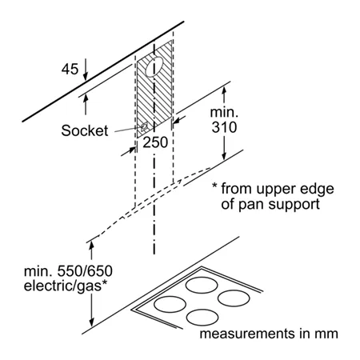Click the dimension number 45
[x=70, y=69]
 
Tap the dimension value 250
[x=155, y=142]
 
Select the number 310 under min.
[x=224, y=127]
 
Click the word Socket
[x=85, y=130]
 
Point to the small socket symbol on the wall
[x=144, y=126]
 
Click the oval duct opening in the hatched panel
[x=154, y=67]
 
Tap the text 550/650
[x=85, y=271]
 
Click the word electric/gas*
[x=66, y=286]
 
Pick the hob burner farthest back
[x=202, y=285]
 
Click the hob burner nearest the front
[x=202, y=318]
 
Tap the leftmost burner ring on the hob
[x=170, y=304]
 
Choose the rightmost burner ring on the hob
[x=234, y=298]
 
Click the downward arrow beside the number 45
[x=85, y=70]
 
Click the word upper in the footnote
[x=277, y=190]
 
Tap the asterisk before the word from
[x=214, y=186]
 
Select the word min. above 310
[x=224, y=112]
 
